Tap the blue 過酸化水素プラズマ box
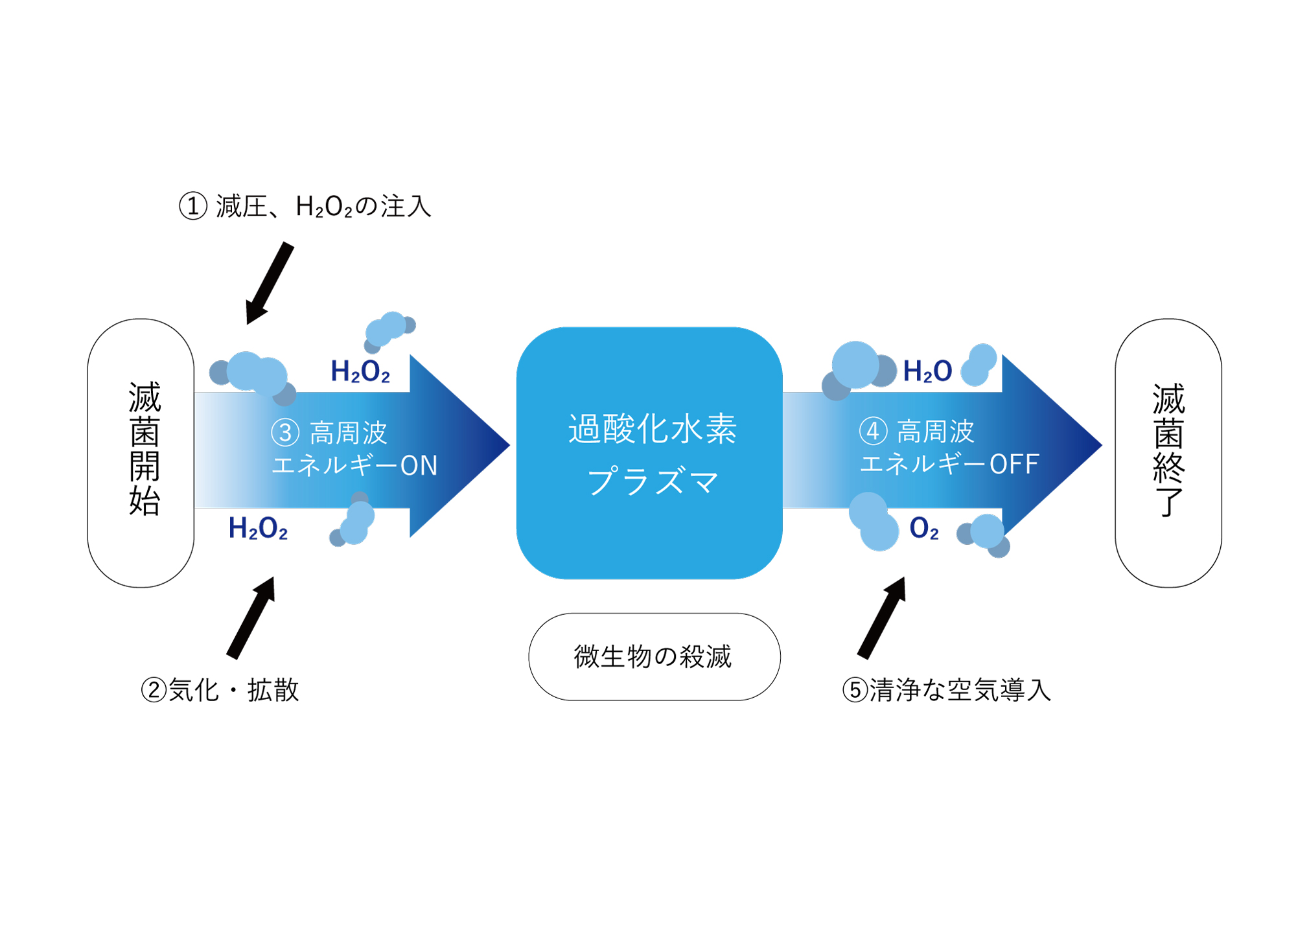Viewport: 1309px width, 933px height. (649, 453)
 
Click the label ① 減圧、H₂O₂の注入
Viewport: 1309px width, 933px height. (305, 207)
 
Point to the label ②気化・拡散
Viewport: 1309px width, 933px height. (220, 689)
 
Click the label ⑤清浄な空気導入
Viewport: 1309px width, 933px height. (946, 689)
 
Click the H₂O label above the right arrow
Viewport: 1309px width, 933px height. (927, 371)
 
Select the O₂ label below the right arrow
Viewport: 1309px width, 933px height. (924, 529)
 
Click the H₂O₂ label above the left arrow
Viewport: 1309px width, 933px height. (360, 371)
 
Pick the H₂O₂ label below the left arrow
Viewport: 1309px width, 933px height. (258, 529)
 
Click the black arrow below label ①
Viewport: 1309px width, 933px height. (270, 283)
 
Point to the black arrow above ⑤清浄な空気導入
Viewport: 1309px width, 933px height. (881, 617)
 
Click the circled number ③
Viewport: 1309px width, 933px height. (285, 433)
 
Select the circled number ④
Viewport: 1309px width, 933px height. (873, 432)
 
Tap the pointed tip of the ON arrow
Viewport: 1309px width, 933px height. (509, 445)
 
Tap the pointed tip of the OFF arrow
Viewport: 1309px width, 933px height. (1102, 445)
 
